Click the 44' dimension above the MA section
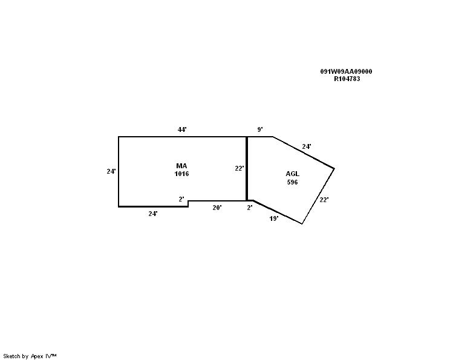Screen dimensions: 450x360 pyautogui.click(x=182, y=129)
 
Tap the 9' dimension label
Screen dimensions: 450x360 pyautogui.click(x=260, y=129)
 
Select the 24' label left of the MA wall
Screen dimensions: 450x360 pyautogui.click(x=111, y=171)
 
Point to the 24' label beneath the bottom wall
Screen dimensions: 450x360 pyautogui.click(x=153, y=214)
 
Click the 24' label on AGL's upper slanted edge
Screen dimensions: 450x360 pyautogui.click(x=307, y=146)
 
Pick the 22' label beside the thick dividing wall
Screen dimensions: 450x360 pyautogui.click(x=240, y=169)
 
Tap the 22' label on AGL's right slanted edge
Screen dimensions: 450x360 pyautogui.click(x=324, y=200)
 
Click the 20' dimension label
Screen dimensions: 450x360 pyautogui.click(x=217, y=208)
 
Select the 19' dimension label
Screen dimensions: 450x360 pyautogui.click(x=274, y=219)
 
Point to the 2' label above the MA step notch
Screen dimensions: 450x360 pyautogui.click(x=181, y=199)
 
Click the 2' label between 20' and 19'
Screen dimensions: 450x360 pyautogui.click(x=250, y=208)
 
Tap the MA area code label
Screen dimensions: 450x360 pyautogui.click(x=181, y=166)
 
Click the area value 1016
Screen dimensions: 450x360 pyautogui.click(x=181, y=174)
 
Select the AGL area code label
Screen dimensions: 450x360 pyautogui.click(x=293, y=174)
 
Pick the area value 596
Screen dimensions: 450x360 pyautogui.click(x=293, y=182)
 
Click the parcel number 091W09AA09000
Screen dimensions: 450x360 pyautogui.click(x=346, y=71)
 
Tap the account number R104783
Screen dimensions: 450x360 pyautogui.click(x=347, y=79)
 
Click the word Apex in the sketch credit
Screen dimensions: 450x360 pyautogui.click(x=37, y=356)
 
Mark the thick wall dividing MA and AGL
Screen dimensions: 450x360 pyautogui.click(x=247, y=169)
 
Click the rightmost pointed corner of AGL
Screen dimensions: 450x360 pyautogui.click(x=334, y=169)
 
